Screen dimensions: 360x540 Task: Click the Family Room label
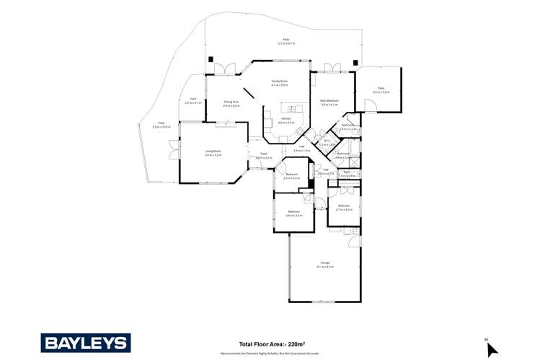coord(280,82)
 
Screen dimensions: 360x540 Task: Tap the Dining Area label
coord(231,103)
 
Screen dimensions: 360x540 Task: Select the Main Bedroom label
coord(329,101)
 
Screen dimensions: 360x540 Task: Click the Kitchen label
coord(286,119)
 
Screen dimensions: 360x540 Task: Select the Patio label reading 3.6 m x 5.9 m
coord(381,89)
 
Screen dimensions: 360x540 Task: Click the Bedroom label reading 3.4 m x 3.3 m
coord(294,213)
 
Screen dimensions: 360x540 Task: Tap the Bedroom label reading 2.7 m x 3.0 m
coord(345,207)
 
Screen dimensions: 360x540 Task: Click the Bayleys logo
coord(85,343)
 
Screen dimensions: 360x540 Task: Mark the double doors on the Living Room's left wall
coord(172,152)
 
